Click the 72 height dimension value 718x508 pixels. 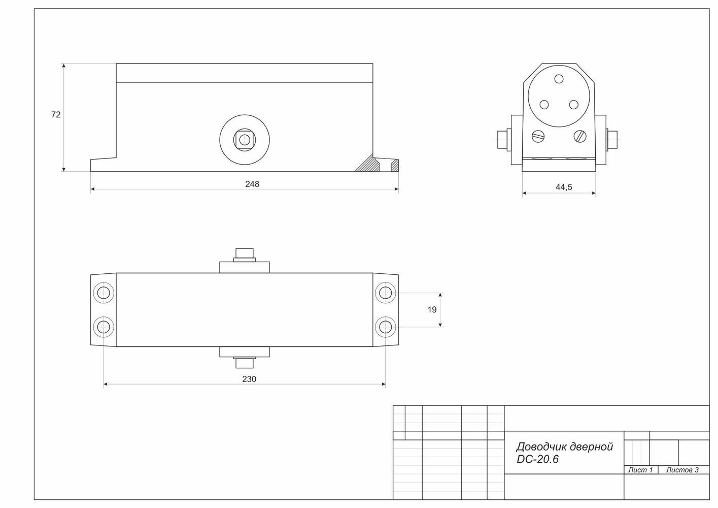coord(56,115)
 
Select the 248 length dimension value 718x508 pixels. coord(252,184)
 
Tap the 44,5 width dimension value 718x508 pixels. coord(564,187)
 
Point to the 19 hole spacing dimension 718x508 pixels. coord(432,309)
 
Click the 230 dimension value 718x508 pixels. coord(249,379)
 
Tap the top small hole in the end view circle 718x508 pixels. coord(559,79)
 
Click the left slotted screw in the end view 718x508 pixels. coord(537,136)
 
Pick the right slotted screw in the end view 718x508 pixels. coord(580,136)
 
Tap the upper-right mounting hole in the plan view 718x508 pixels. coord(386,293)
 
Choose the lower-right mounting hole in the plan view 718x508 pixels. coord(386,326)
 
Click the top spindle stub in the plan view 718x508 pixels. coord(244,254)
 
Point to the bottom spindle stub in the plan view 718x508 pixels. coord(244,363)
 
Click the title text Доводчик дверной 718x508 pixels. coord(564,447)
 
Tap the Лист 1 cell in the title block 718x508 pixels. coord(640,470)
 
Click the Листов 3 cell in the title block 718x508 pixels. coord(682,470)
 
